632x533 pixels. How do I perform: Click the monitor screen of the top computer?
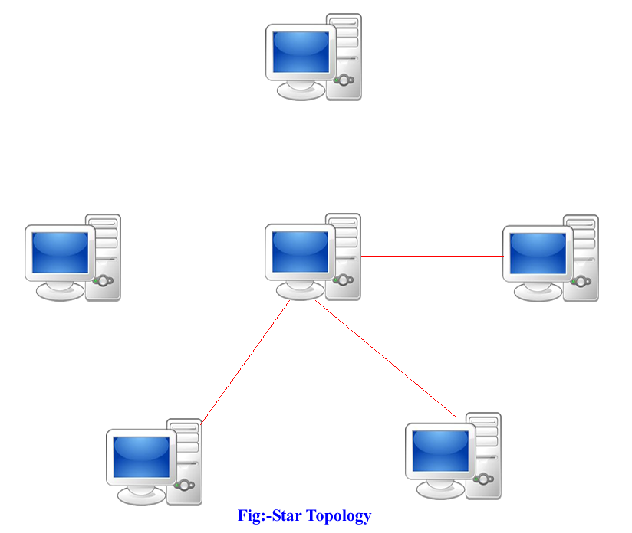click(x=301, y=51)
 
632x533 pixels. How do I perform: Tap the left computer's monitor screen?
click(x=60, y=252)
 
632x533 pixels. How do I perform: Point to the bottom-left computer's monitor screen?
click(x=141, y=457)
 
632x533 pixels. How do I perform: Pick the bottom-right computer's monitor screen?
click(x=440, y=450)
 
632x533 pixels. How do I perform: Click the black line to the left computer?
click(x=192, y=257)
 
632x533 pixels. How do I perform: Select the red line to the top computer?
click(x=304, y=161)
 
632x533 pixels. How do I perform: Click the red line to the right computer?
click(x=430, y=256)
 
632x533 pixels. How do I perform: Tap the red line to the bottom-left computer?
click(x=245, y=360)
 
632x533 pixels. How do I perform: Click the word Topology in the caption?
click(x=338, y=516)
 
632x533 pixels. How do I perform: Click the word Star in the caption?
click(x=288, y=516)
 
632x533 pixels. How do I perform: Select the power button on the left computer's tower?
click(x=104, y=280)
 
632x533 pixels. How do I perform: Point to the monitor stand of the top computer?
click(x=301, y=90)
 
